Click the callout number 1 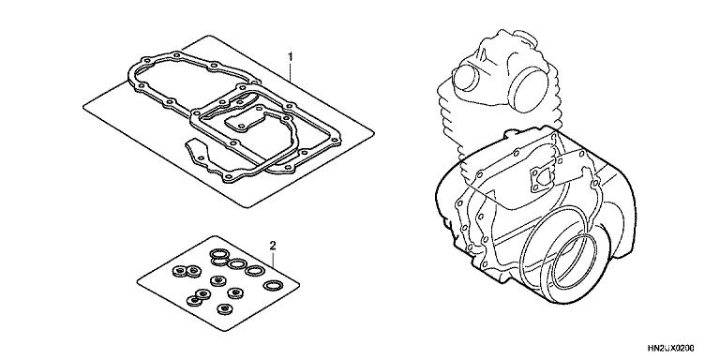point(290,56)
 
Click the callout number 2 point(272,247)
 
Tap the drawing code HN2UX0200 point(671,348)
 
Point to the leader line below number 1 point(291,71)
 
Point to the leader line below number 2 point(273,260)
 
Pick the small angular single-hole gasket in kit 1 point(197,151)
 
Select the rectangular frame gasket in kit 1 point(267,133)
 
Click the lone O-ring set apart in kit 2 point(273,286)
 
